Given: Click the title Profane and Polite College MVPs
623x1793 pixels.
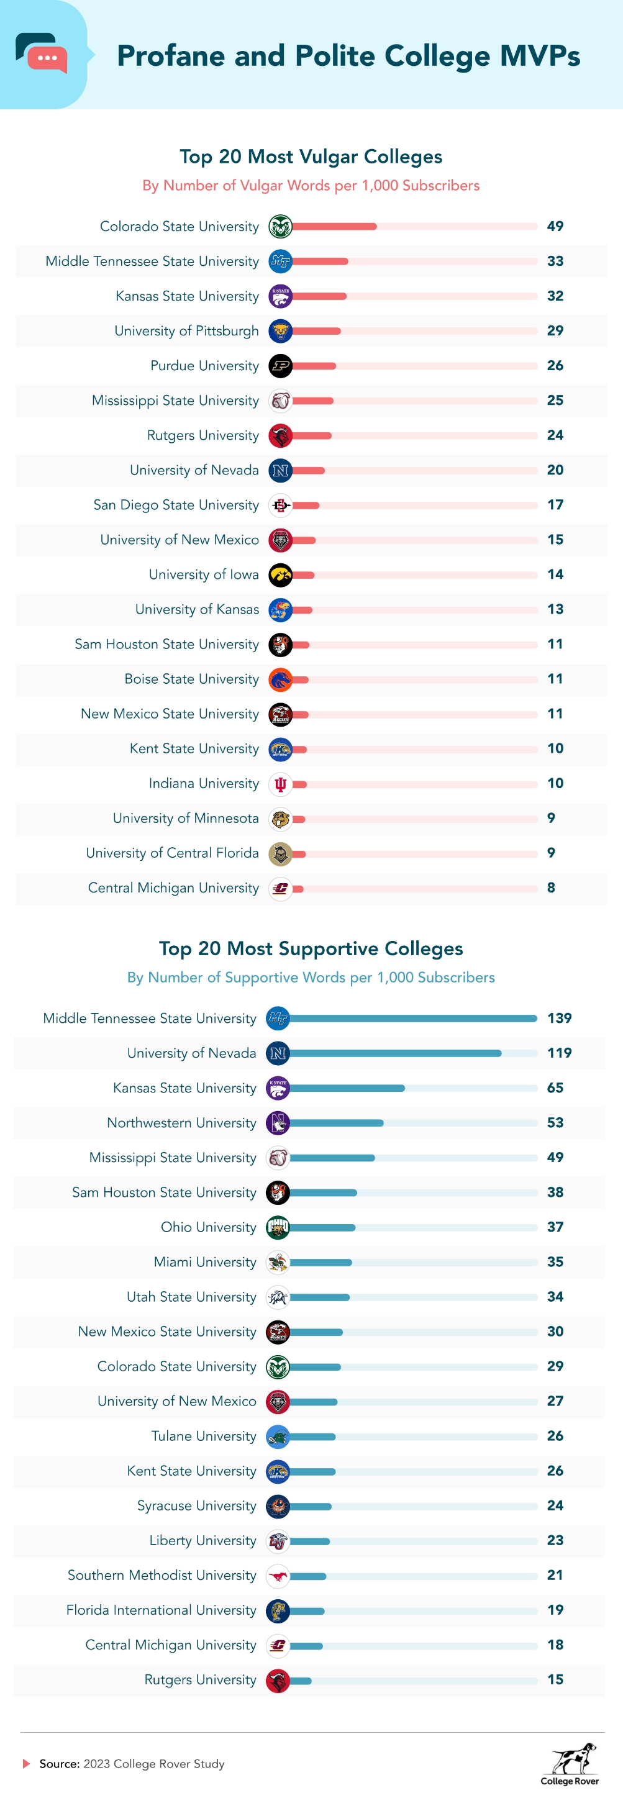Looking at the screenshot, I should coord(348,56).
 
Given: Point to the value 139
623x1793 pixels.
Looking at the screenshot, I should coord(559,1019).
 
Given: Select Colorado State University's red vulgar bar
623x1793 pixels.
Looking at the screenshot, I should coord(334,226).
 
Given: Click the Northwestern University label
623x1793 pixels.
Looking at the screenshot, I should coord(181,1123).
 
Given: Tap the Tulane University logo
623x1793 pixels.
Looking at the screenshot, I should coord(278,1436).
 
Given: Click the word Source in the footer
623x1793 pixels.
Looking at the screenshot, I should coord(59,1764).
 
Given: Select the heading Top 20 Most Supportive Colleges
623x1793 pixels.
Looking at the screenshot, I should coord(311,949).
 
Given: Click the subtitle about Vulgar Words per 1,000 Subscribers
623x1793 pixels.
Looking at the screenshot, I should coord(311,186).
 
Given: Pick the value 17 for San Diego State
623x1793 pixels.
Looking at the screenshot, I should coord(555,505).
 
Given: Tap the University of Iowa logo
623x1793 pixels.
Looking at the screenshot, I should coord(281,575).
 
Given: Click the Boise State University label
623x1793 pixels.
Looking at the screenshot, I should coord(191,679).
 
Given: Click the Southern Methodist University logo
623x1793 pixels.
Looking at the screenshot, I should coord(278,1576).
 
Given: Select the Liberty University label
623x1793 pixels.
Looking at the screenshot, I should coord(202,1540).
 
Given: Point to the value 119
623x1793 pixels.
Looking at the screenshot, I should coord(559,1053).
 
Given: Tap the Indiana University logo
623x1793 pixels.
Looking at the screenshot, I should coord(281,784).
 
